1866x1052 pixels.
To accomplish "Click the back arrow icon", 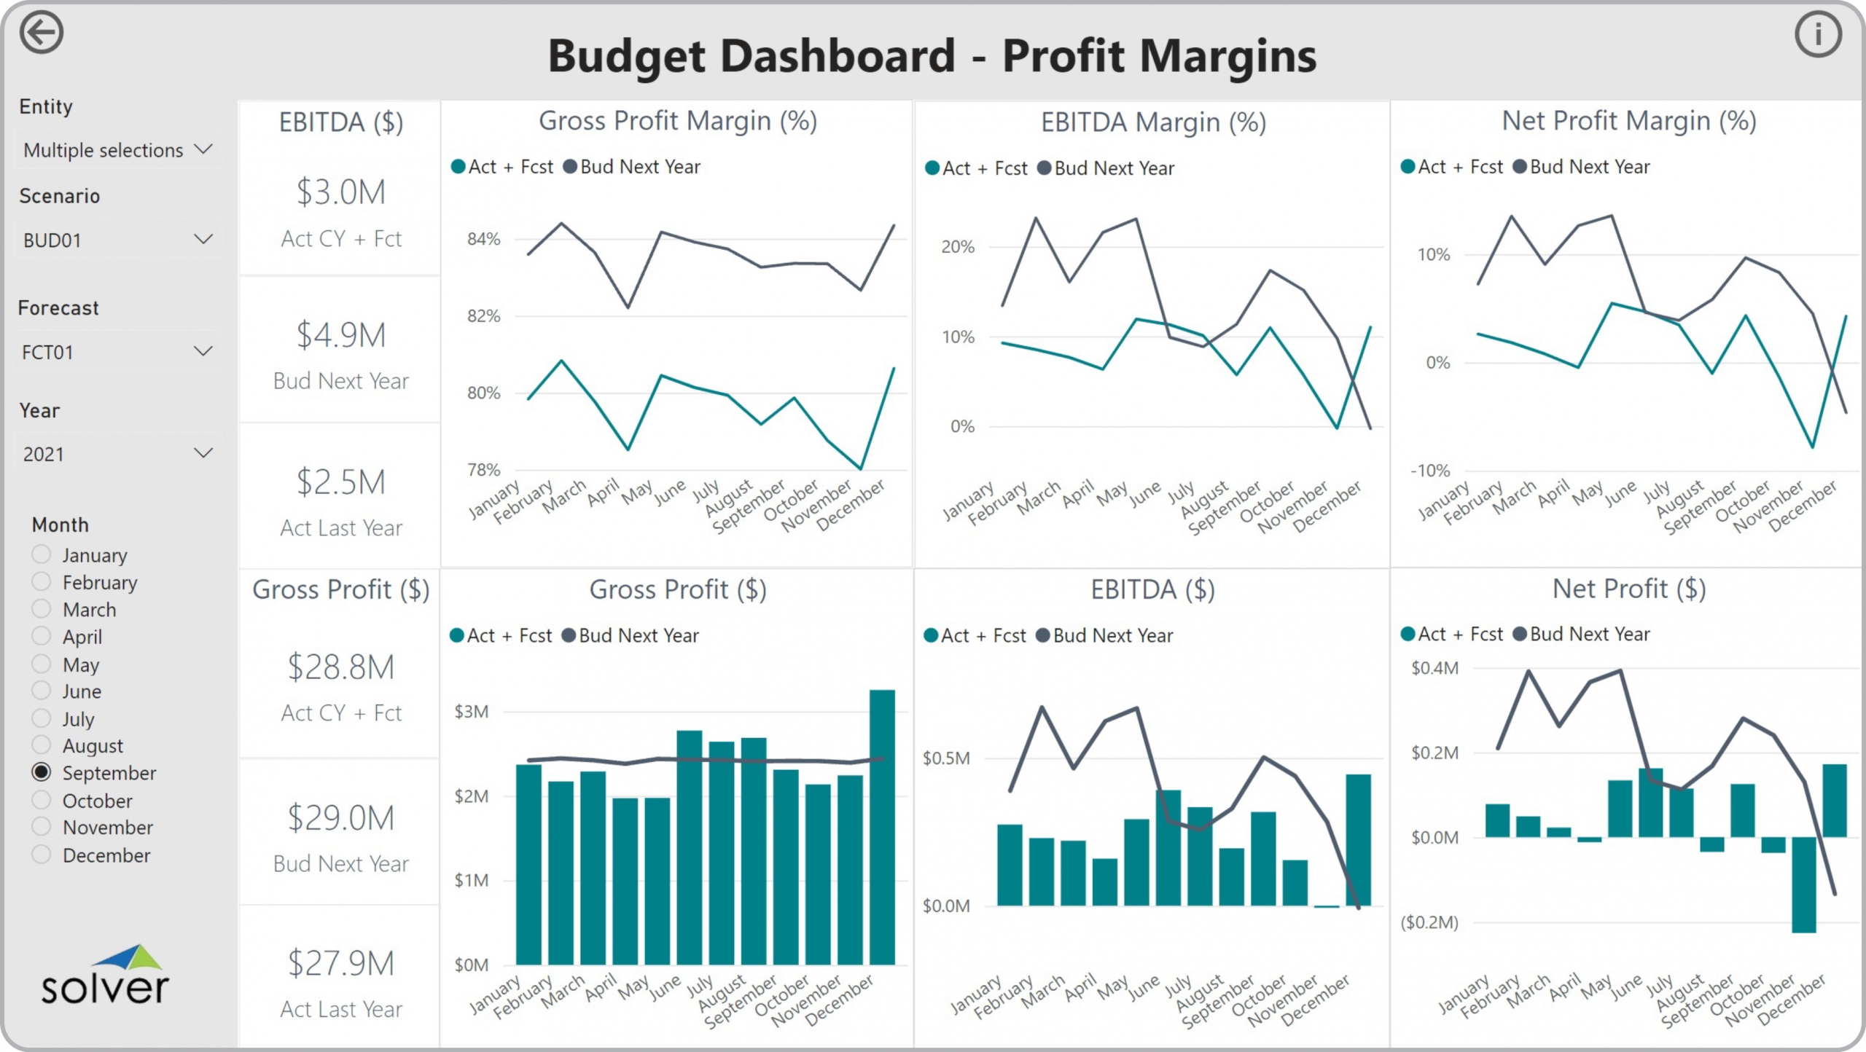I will coord(42,33).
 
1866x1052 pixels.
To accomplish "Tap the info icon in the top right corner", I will coord(1818,34).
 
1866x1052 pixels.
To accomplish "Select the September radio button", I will coord(42,772).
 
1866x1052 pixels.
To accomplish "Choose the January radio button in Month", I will coord(42,554).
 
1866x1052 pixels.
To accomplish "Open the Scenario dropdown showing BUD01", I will coord(117,240).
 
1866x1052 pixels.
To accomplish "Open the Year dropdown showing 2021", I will coord(117,454).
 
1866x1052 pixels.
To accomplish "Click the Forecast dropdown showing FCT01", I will coord(117,352).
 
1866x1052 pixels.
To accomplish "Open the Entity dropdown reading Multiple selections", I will coord(117,150).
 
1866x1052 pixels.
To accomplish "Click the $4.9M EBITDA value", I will coord(340,335).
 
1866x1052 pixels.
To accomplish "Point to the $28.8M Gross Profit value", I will coord(340,667).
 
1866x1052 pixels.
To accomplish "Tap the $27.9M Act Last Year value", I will coord(340,963).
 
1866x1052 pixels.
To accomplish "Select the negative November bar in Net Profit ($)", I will coord(1803,884).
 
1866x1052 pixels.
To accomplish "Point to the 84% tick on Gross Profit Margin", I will coord(483,239).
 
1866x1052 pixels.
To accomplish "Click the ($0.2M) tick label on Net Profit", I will coord(1429,923).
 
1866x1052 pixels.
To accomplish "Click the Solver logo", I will coord(105,976).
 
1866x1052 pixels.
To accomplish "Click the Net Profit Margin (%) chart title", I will coord(1628,121).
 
